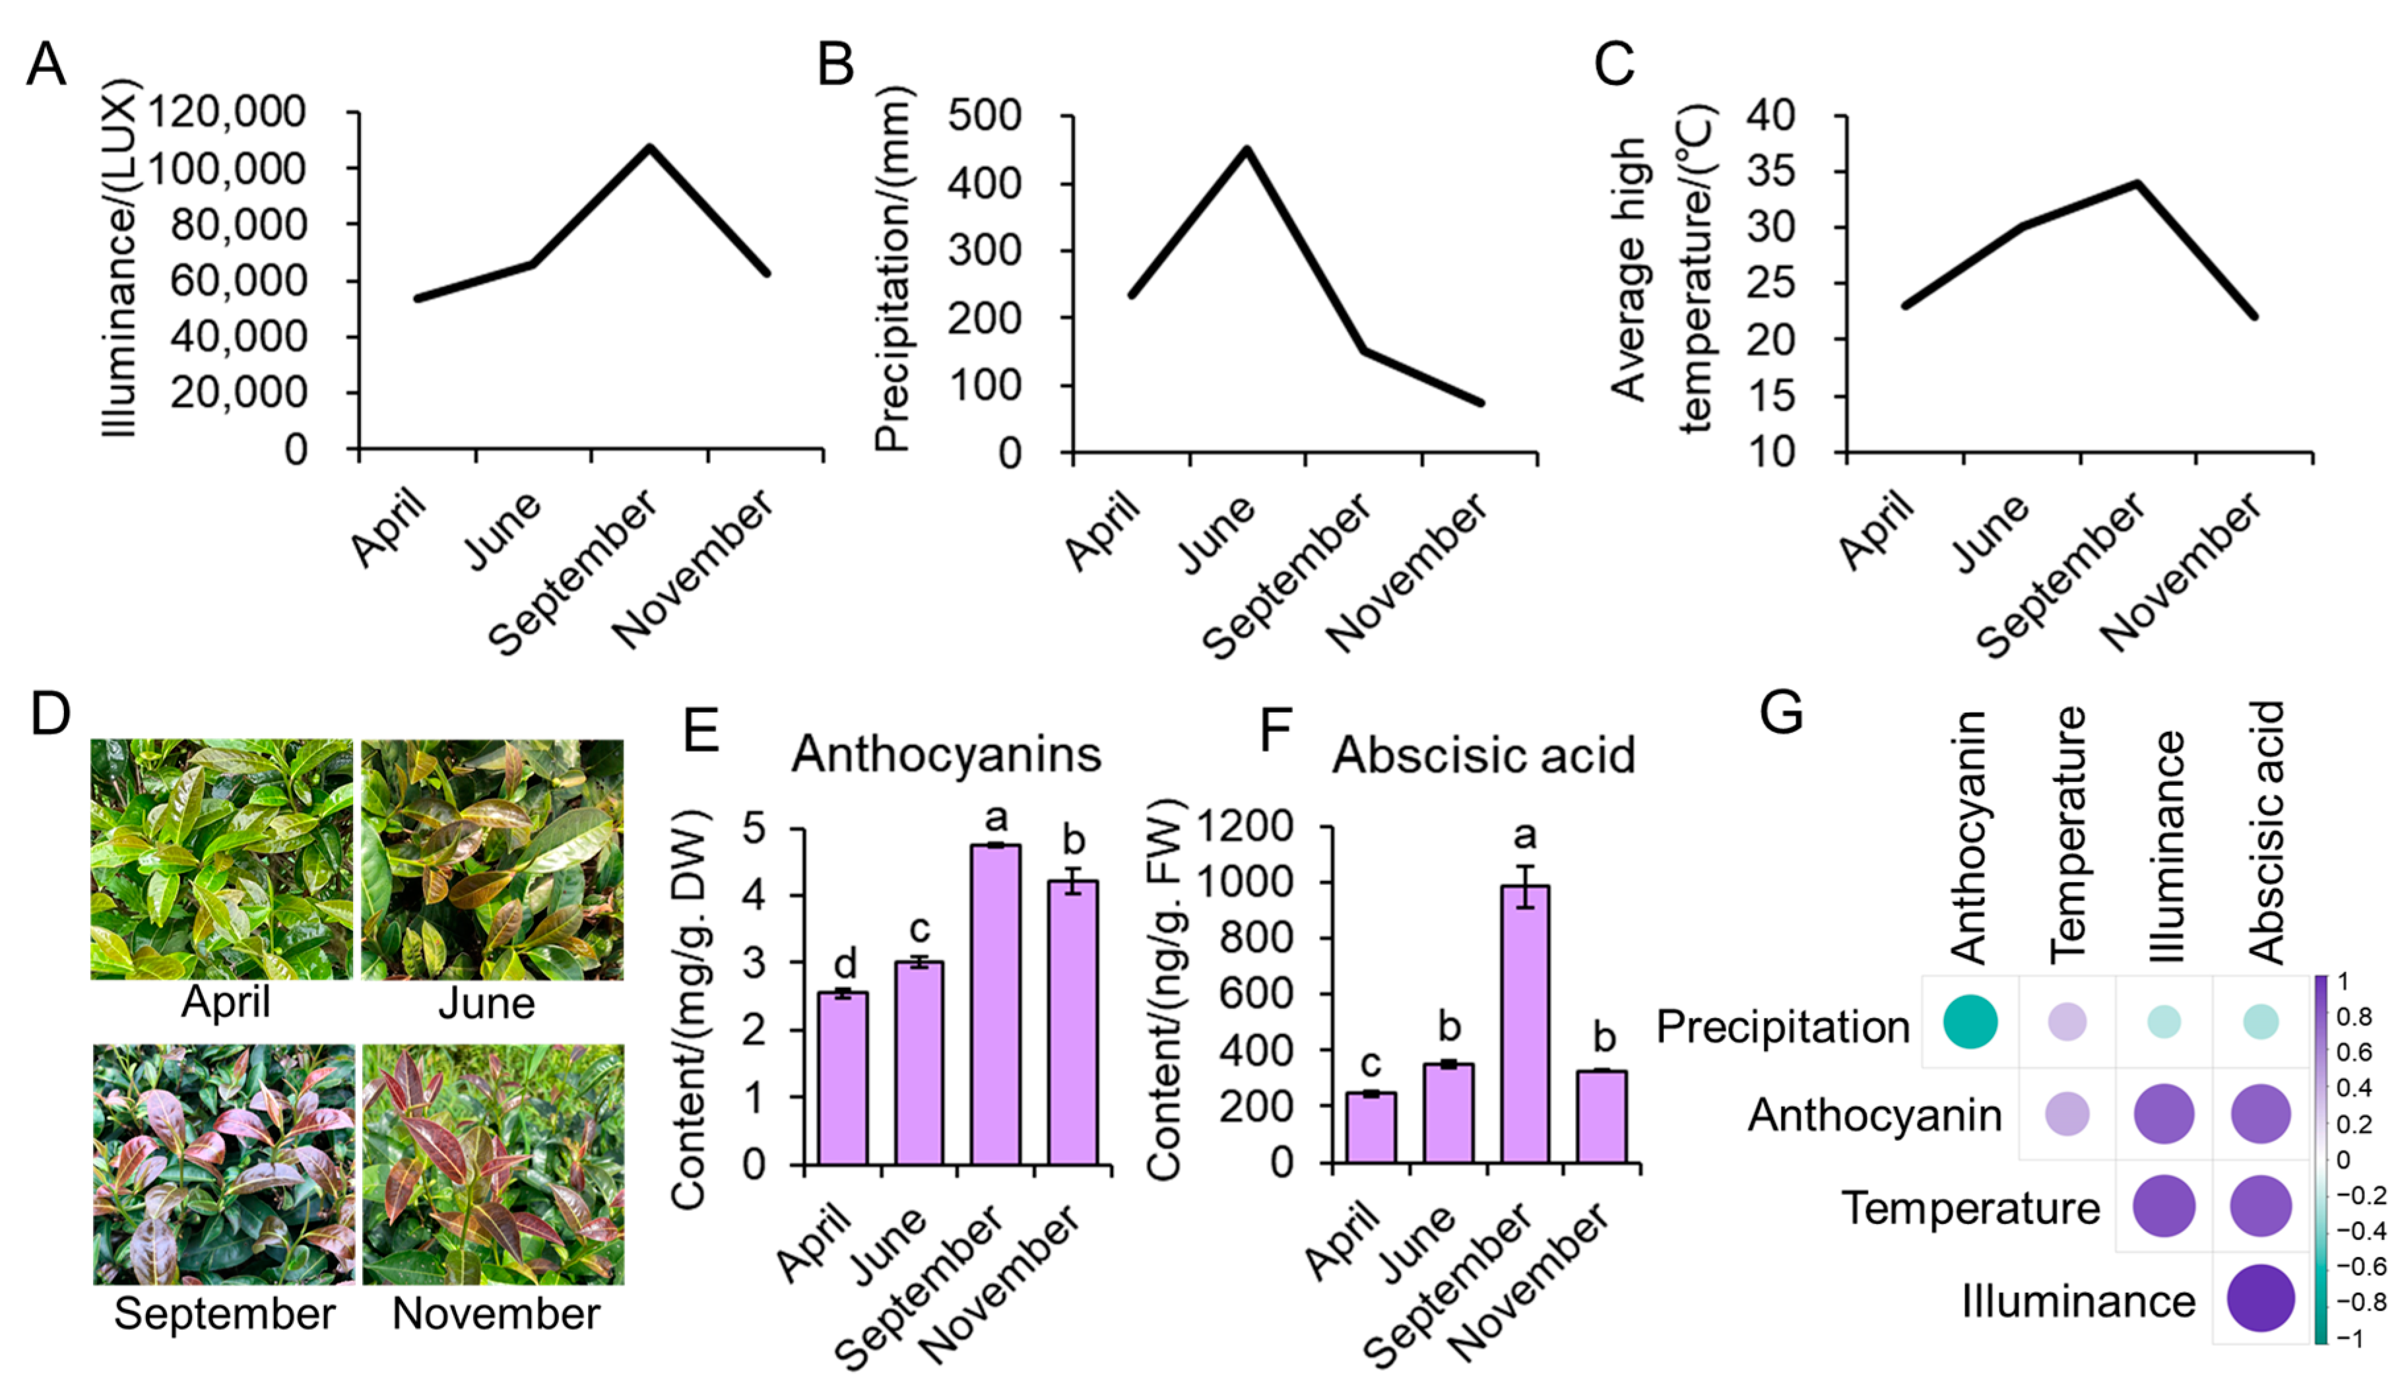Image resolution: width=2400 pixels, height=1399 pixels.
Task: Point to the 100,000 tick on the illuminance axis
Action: click(226, 168)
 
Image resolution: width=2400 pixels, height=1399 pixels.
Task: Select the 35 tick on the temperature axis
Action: click(1770, 172)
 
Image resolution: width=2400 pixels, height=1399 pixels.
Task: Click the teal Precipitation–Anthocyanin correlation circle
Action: click(1970, 1022)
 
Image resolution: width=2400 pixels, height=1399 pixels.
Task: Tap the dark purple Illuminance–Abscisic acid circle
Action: click(2260, 1298)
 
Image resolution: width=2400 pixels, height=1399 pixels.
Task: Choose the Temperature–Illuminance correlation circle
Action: click(2164, 1206)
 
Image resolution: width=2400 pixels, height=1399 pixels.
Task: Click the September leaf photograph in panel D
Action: click(224, 1164)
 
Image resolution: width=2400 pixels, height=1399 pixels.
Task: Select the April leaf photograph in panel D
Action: click(222, 859)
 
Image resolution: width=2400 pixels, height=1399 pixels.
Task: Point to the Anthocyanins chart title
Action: click(946, 754)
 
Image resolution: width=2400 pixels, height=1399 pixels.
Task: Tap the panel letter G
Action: click(1781, 712)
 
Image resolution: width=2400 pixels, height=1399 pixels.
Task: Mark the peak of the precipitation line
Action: click(1246, 150)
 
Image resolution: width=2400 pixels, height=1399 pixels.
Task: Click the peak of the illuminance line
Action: click(649, 148)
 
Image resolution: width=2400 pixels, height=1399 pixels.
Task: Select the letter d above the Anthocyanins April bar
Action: click(845, 963)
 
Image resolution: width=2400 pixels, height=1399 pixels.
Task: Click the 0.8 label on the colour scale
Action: click(2354, 1016)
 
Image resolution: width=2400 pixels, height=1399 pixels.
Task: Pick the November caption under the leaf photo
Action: click(495, 1315)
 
